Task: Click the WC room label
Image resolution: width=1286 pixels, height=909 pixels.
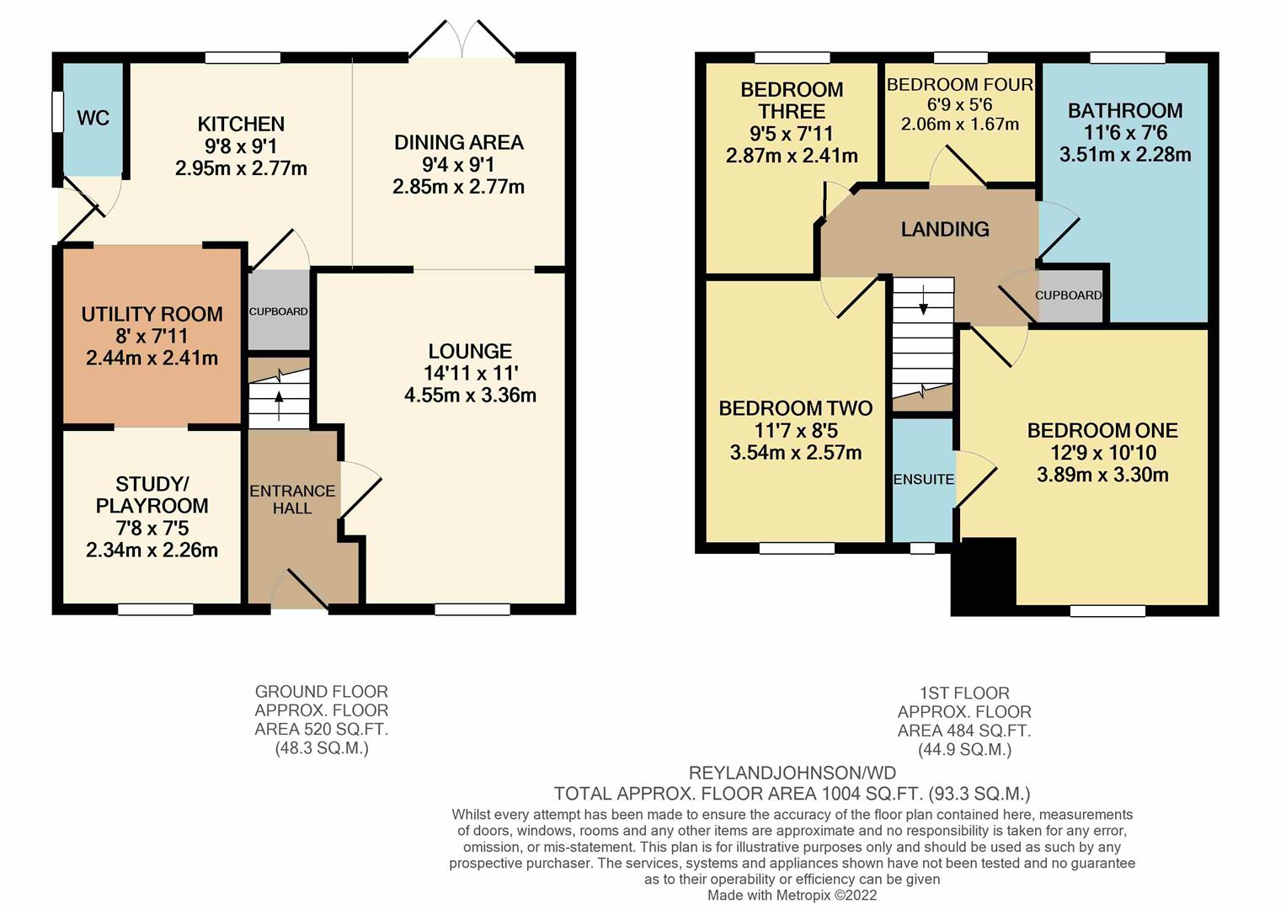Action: pos(93,118)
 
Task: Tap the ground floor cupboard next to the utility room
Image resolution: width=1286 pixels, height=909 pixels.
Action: pos(279,311)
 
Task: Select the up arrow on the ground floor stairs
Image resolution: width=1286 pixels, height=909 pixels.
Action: pos(279,405)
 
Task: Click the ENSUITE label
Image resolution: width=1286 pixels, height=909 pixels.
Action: pos(924,479)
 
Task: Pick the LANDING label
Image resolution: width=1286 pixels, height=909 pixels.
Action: pos(945,230)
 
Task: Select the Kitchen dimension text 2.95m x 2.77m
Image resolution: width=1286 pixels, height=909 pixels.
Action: pos(241,168)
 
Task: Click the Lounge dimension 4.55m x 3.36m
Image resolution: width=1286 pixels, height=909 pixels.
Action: pos(470,395)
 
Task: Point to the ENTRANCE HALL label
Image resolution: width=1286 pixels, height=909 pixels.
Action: pos(292,499)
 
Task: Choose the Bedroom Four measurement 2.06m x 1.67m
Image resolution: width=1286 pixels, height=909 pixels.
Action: pos(960,124)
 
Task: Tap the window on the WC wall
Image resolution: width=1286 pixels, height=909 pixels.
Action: pos(57,112)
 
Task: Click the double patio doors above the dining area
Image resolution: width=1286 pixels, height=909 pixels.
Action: pos(462,40)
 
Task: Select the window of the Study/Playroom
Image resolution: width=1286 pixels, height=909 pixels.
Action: pos(156,609)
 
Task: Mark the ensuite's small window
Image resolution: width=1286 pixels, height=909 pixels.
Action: pos(922,548)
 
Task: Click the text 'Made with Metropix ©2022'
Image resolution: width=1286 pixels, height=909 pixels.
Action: pos(792,895)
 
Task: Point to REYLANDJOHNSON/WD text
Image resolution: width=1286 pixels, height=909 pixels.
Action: pos(792,773)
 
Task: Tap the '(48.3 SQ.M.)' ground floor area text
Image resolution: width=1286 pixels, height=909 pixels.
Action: pos(322,748)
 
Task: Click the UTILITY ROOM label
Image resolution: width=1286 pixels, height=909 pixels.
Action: pos(152,314)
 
